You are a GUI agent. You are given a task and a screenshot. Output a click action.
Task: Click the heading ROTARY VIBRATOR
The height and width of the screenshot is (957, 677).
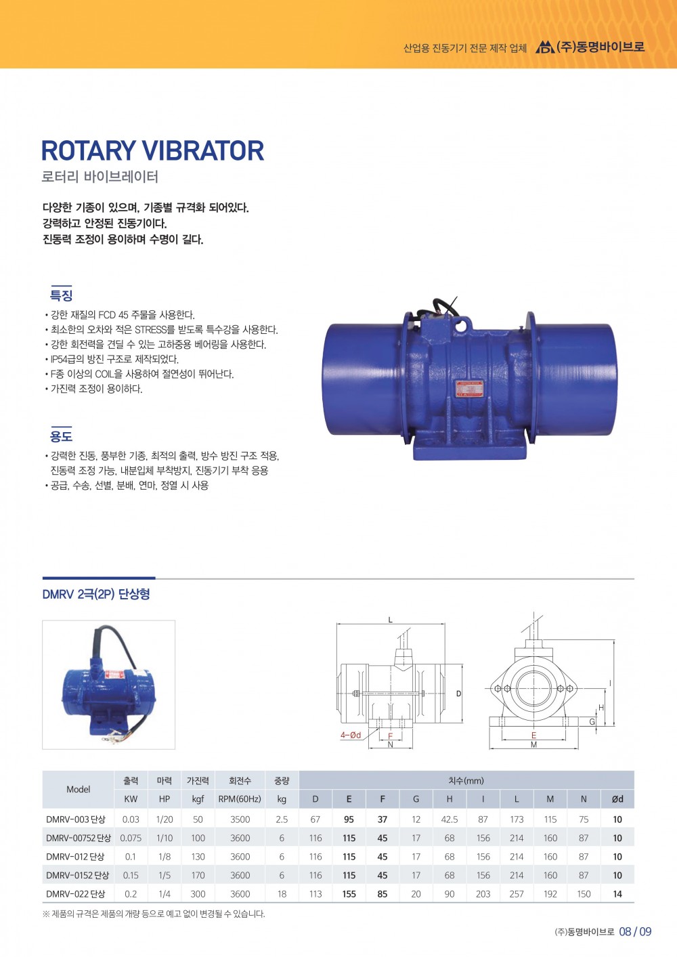point(152,150)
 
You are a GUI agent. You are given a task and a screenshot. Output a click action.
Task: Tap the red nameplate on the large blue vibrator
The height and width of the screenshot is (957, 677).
point(469,389)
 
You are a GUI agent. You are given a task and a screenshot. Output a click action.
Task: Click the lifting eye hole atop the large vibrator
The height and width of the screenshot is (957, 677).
point(461,326)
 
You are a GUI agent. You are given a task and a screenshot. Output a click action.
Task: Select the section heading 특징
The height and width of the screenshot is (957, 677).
point(62,295)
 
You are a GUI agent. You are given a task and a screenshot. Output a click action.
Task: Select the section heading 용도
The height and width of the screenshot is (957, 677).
point(62,436)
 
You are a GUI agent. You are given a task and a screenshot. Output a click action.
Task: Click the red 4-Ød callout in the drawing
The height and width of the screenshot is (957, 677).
point(351,735)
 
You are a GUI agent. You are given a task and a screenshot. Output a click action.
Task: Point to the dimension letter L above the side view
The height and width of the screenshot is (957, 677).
point(391,620)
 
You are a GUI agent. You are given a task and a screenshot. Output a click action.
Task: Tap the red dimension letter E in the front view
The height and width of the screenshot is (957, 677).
point(533,736)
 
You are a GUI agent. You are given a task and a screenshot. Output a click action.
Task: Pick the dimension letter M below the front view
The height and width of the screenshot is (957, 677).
point(533,744)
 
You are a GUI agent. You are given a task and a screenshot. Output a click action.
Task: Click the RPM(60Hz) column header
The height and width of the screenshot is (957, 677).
point(240,799)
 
